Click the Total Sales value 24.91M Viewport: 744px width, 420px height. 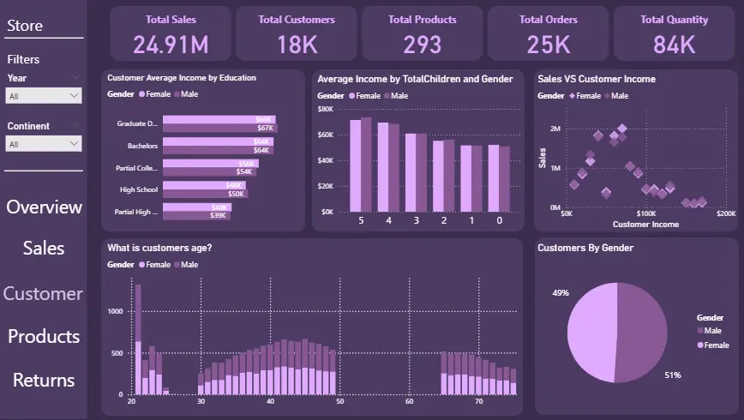(171, 44)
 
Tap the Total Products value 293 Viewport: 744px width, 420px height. (422, 44)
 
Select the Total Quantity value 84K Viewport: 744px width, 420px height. (674, 44)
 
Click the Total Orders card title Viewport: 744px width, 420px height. (548, 19)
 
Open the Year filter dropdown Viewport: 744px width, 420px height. (44, 96)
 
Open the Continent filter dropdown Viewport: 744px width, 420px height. (44, 144)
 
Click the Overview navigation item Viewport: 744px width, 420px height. (44, 207)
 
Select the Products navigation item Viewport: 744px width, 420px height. (44, 336)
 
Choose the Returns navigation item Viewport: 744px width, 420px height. (44, 380)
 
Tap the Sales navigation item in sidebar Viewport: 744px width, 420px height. (44, 248)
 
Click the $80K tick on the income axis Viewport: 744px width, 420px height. (325, 109)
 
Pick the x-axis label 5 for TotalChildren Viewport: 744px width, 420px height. (361, 220)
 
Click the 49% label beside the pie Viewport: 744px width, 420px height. (561, 292)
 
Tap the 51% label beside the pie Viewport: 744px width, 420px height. (674, 375)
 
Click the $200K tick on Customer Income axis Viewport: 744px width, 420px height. (725, 213)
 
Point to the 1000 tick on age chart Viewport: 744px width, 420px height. (115, 311)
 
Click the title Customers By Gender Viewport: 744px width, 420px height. (585, 248)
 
